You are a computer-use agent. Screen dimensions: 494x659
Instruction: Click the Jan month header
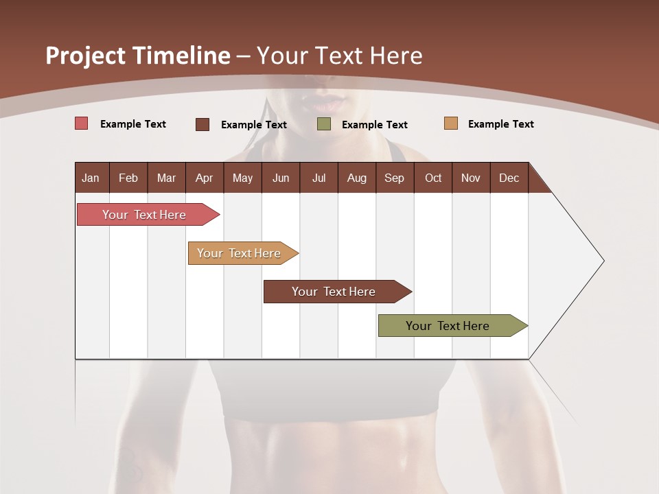[91, 178]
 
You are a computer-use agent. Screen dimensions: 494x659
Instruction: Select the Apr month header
[204, 178]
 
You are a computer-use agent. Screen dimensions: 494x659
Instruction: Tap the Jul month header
[319, 178]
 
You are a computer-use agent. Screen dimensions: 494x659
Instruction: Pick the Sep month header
[394, 178]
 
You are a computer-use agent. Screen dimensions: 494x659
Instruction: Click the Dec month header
[509, 178]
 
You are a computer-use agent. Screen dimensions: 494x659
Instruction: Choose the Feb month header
[128, 178]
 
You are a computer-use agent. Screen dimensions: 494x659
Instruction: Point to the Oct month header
[433, 178]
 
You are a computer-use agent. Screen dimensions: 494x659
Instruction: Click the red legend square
[82, 123]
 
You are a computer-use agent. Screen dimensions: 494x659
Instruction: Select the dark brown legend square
[203, 124]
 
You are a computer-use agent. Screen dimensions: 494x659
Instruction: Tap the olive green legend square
[324, 124]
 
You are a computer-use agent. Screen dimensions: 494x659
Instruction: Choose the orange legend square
[451, 123]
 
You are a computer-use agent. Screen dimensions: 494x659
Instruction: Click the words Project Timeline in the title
[138, 56]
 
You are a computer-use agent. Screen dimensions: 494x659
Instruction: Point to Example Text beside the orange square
[500, 124]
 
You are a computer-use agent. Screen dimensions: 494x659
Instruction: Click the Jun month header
[281, 178]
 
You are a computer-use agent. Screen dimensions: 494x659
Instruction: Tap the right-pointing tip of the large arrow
[602, 261]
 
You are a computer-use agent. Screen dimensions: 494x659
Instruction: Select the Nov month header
[471, 178]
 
